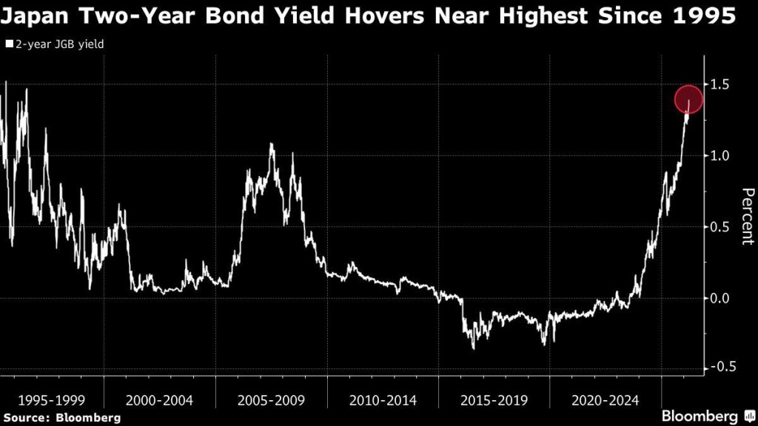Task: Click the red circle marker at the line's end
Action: pyautogui.click(x=688, y=100)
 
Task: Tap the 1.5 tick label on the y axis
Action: pyautogui.click(x=720, y=85)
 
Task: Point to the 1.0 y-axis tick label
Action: pyautogui.click(x=720, y=156)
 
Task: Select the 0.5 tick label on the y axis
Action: pyautogui.click(x=720, y=227)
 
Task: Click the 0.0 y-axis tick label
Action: pyautogui.click(x=720, y=298)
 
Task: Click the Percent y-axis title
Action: pyautogui.click(x=747, y=216)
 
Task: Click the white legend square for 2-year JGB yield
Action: pyautogui.click(x=9, y=44)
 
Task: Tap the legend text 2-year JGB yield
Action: pyautogui.click(x=59, y=44)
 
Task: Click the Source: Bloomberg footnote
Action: pyautogui.click(x=61, y=418)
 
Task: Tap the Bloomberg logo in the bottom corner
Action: pyautogui.click(x=705, y=416)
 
